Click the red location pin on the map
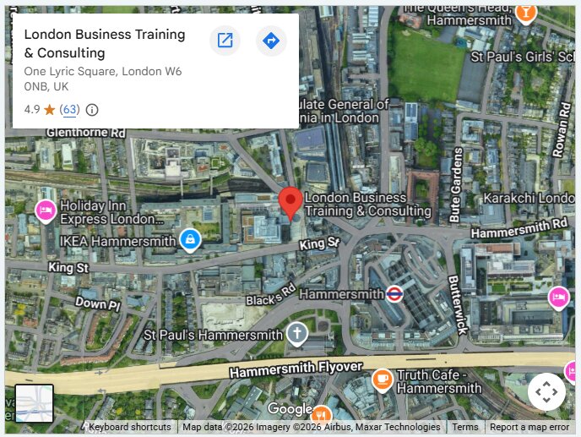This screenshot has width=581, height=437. [x=290, y=202]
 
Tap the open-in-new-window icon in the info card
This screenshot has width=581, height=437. [x=225, y=41]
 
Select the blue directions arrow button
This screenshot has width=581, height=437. [x=271, y=41]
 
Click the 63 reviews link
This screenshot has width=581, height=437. [x=69, y=110]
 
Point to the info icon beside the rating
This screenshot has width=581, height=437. [x=92, y=110]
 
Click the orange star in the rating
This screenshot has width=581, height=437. [x=49, y=110]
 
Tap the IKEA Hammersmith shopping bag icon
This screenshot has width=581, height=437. [x=190, y=240]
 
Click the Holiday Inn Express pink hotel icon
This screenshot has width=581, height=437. [x=46, y=210]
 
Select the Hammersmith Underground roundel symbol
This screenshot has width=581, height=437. [x=394, y=294]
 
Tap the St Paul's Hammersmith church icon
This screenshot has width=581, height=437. [x=296, y=334]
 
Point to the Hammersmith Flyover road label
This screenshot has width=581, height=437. [x=296, y=370]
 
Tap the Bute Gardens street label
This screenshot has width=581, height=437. [x=458, y=183]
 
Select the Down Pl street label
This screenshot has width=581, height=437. [x=98, y=302]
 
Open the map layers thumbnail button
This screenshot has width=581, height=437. [x=34, y=403]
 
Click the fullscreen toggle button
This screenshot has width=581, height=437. [x=546, y=391]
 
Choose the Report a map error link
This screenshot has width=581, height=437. [x=529, y=428]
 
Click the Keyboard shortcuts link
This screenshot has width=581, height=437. [x=129, y=428]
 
